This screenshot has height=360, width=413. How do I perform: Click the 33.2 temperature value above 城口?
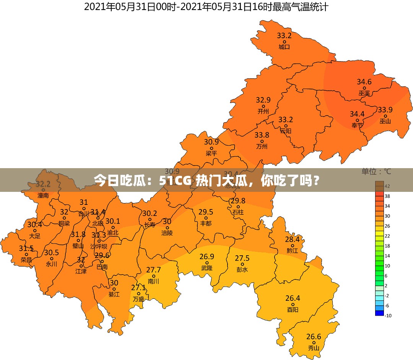pyautogui.click(x=284, y=36)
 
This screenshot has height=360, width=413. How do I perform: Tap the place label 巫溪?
pyautogui.click(x=364, y=93)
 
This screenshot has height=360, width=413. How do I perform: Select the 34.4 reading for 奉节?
pyautogui.click(x=357, y=114)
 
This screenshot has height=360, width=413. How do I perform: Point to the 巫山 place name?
pyautogui.click(x=385, y=121)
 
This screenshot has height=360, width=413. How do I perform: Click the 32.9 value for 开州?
pyautogui.click(x=263, y=100)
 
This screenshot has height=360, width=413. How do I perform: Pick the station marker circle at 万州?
pyautogui.click(x=262, y=141)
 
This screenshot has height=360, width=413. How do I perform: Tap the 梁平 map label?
pyautogui.click(x=211, y=153)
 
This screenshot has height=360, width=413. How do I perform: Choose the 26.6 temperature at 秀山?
pyautogui.click(x=314, y=337)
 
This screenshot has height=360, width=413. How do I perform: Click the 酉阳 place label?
pyautogui.click(x=293, y=310)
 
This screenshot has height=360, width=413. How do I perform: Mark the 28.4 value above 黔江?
pyautogui.click(x=292, y=240)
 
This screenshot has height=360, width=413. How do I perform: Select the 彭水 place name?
pyautogui.click(x=242, y=269)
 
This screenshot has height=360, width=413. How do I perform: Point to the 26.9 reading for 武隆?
pyautogui.click(x=207, y=256)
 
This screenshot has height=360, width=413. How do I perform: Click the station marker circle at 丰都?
pyautogui.click(x=205, y=218)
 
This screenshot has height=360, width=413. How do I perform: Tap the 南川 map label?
pyautogui.click(x=153, y=281)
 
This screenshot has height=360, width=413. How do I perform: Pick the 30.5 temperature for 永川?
pyautogui.click(x=51, y=253)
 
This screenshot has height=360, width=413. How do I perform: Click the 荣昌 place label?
pyautogui.click(x=26, y=260)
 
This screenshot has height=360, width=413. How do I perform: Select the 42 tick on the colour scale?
pyautogui.click(x=387, y=186)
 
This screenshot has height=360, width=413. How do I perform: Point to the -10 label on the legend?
pyautogui.click(x=388, y=315)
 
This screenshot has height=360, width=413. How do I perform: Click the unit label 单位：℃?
pyautogui.click(x=376, y=172)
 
